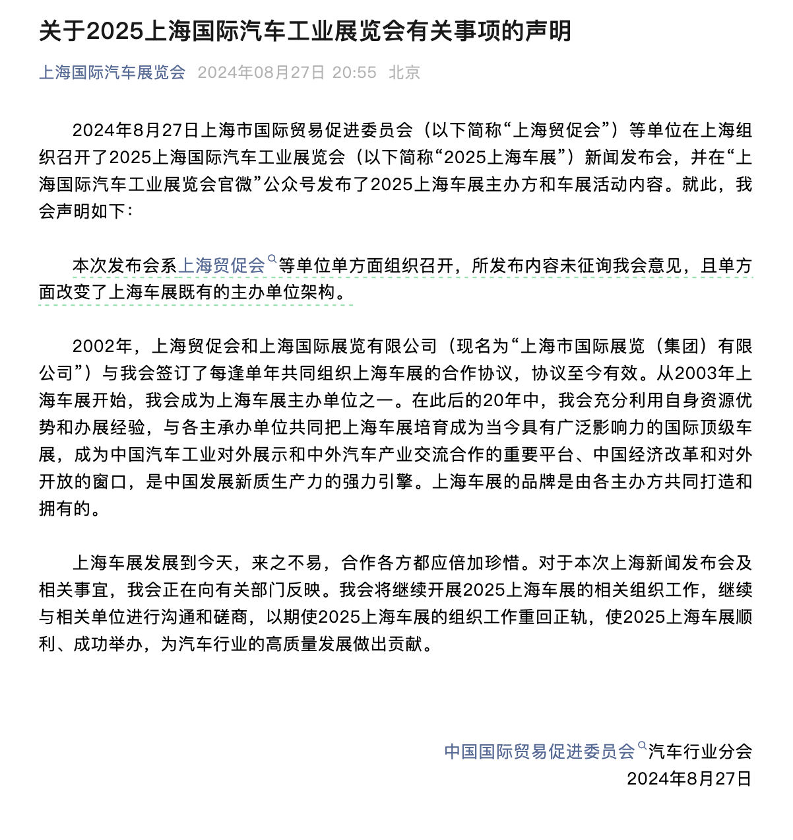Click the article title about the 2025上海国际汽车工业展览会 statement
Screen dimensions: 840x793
305,32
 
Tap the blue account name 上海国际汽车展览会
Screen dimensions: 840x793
112,73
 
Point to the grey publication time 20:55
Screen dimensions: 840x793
354,73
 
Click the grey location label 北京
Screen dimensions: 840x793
404,73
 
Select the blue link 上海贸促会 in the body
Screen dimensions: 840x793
222,265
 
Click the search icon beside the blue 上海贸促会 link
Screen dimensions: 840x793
271,260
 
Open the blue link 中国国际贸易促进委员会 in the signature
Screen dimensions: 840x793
539,751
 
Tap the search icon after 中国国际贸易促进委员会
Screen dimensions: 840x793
642,746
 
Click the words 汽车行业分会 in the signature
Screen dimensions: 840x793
700,752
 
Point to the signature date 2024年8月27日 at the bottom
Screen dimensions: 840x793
689,779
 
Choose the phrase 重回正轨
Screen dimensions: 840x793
554,617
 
